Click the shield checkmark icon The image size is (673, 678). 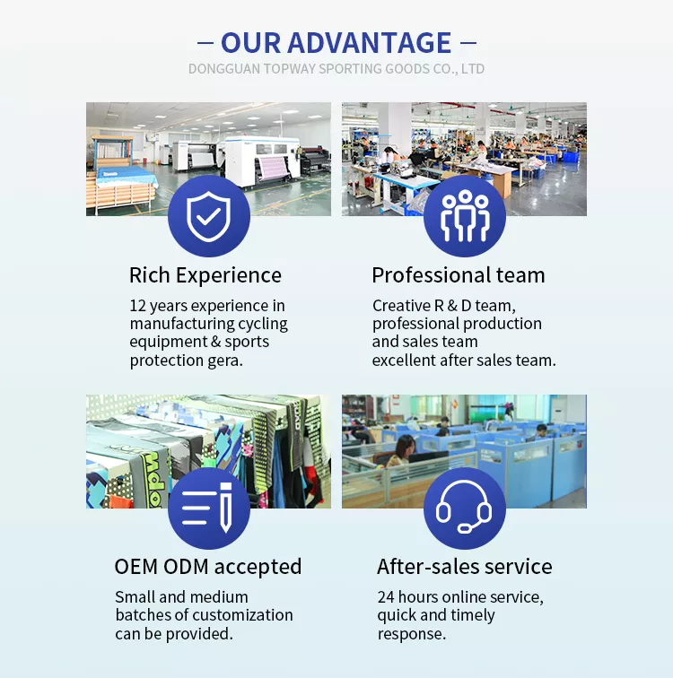point(209,216)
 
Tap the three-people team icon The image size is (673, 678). point(465,216)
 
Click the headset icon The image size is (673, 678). point(464,507)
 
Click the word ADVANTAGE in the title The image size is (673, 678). point(370,43)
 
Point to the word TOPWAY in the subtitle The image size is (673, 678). point(290,69)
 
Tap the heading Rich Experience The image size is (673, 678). point(205,275)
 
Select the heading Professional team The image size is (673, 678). point(459,275)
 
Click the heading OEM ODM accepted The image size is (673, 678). point(208,567)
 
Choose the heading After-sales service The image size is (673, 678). point(465,567)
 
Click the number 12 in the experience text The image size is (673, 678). point(138,306)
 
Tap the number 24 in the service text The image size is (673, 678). point(386,597)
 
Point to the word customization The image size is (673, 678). point(243,615)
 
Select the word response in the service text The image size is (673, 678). point(412,634)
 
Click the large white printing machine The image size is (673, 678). point(263,160)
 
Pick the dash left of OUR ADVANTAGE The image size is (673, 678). point(205,43)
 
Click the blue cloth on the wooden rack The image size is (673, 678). point(127,178)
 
